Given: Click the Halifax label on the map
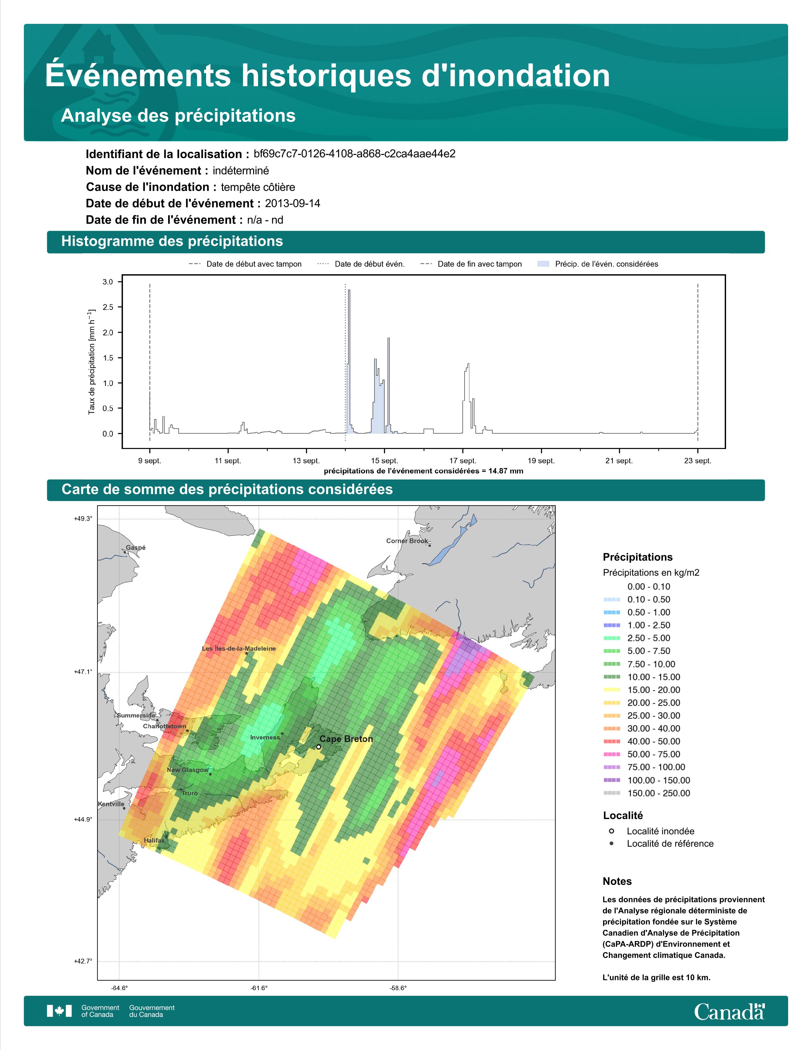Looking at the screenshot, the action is [x=154, y=840].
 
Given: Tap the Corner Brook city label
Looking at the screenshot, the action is [x=407, y=541].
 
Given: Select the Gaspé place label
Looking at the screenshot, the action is [x=136, y=548].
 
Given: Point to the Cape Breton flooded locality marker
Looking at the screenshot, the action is [x=318, y=747].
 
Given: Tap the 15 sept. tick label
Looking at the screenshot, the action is [x=384, y=461].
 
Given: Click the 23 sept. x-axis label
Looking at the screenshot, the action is [x=697, y=461].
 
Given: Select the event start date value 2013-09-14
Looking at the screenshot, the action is [x=292, y=203].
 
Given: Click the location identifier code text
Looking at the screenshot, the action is [x=354, y=154].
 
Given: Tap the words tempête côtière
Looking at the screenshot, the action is [x=258, y=187].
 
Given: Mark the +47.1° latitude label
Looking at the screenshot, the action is [x=83, y=672].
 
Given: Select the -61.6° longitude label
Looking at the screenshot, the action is [x=259, y=988].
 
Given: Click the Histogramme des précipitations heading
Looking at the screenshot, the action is [x=172, y=241].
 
